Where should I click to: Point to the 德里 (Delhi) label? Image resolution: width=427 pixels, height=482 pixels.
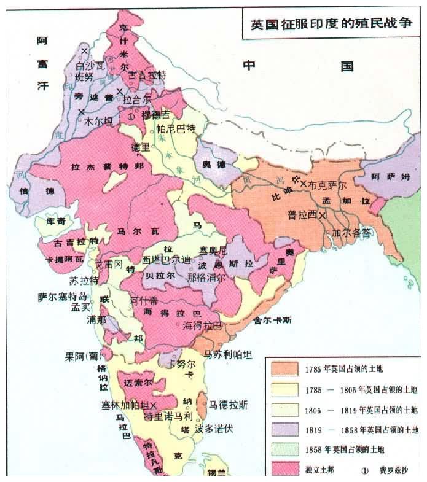point(141,147)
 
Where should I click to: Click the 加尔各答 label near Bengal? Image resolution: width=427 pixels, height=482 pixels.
point(351,233)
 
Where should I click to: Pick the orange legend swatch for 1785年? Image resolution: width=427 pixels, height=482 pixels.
point(284,369)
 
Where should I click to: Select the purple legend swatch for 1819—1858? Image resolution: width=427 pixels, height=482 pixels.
point(284,429)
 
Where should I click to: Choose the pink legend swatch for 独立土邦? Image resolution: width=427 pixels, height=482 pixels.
point(284,469)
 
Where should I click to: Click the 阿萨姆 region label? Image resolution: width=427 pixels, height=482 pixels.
point(388,176)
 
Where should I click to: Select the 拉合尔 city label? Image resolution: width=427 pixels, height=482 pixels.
point(136,98)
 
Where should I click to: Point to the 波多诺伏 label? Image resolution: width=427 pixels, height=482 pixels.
point(214,429)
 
